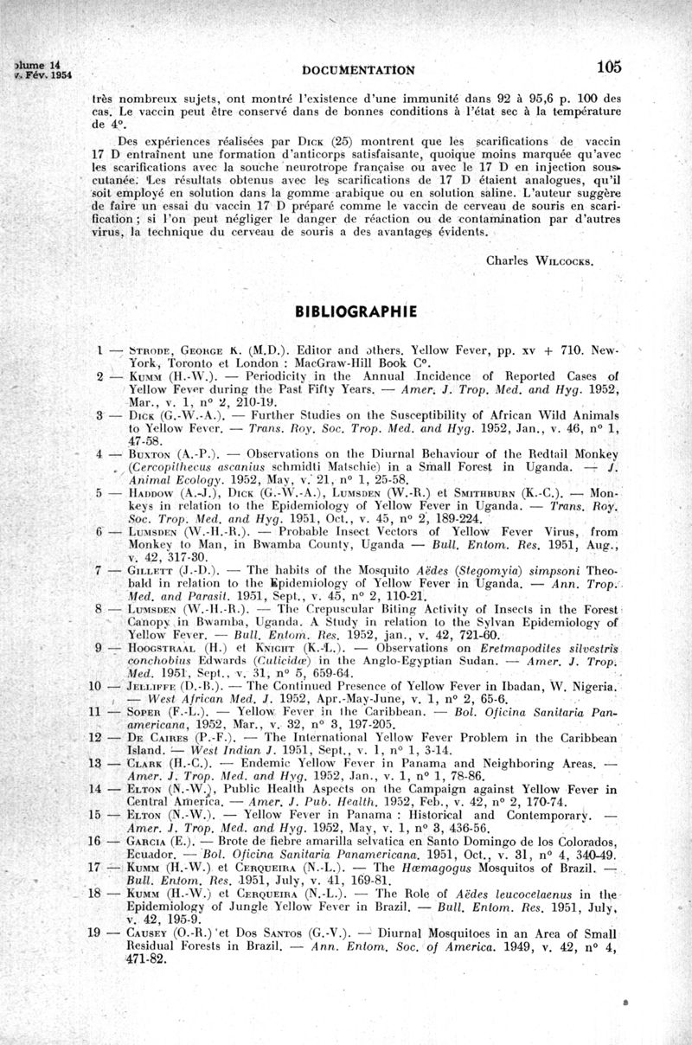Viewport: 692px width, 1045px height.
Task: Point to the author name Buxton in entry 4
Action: (150, 452)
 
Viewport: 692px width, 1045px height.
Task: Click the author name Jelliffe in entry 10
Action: (152, 687)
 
